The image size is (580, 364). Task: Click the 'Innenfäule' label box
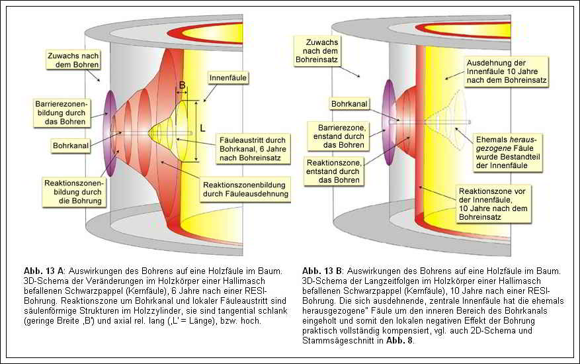click(x=228, y=78)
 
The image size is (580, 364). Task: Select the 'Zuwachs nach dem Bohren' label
click(x=73, y=60)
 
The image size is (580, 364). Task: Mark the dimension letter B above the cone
click(x=182, y=85)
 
